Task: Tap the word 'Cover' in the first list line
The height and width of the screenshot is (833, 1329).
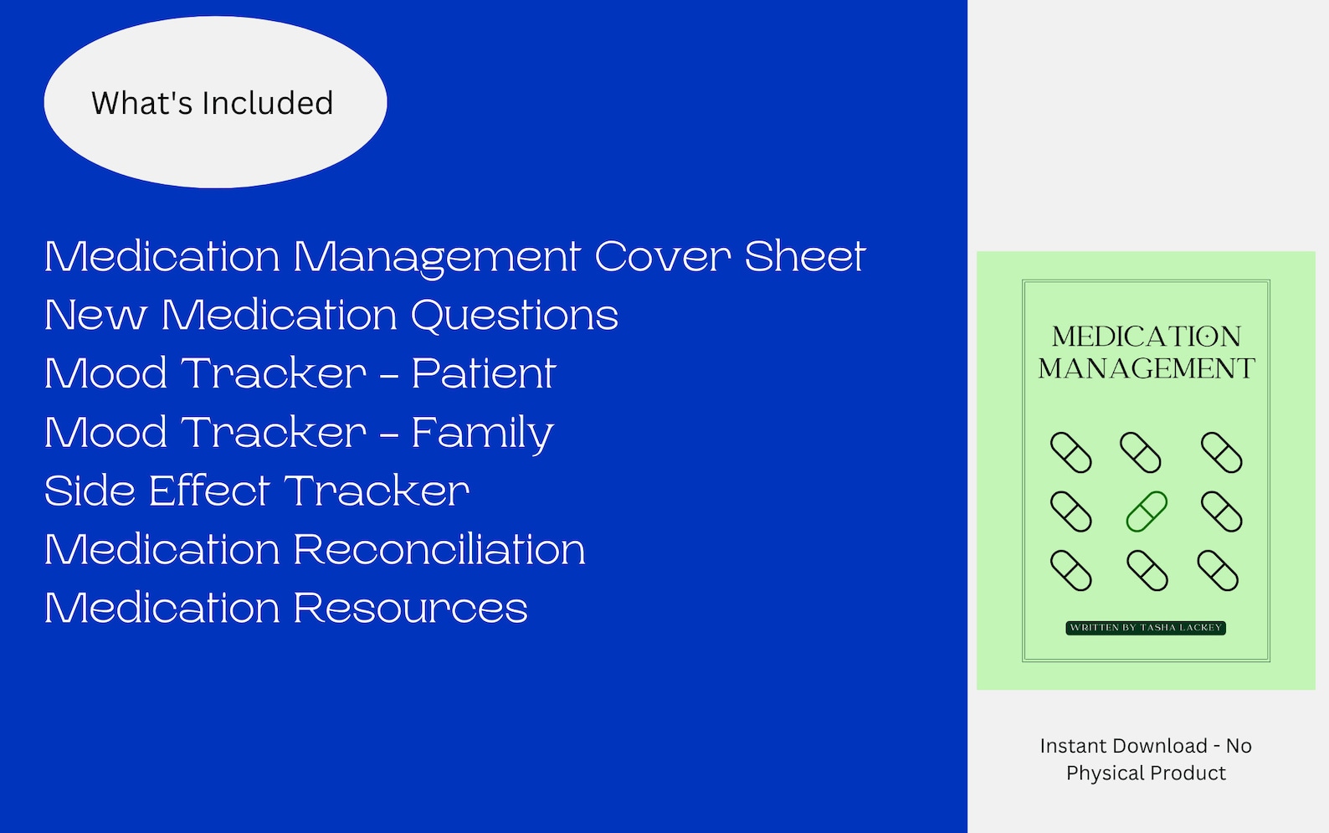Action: [662, 256]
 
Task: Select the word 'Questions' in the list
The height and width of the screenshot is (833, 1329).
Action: [514, 316]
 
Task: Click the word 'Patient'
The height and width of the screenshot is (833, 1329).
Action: [483, 373]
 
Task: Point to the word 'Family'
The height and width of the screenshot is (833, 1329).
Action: [482, 433]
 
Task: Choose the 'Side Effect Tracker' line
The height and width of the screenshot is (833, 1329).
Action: [256, 491]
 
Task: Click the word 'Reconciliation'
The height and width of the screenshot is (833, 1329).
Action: [439, 550]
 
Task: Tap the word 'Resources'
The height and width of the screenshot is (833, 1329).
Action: [410, 609]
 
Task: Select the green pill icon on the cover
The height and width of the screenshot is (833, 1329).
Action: [1146, 512]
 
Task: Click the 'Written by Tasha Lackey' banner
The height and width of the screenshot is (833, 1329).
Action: [1146, 627]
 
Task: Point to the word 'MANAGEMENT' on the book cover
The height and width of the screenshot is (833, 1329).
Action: [1146, 368]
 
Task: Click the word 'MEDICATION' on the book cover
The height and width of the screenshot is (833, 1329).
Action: [1146, 337]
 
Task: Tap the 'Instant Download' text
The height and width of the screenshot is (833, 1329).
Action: [1123, 746]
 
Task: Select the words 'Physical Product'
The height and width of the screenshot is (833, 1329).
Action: [1146, 773]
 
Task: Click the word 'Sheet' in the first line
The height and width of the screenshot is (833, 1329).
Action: [804, 256]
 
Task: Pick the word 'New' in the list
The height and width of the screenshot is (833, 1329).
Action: [95, 316]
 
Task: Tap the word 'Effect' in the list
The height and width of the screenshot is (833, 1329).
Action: [209, 491]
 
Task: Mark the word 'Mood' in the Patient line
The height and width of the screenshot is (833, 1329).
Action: [105, 373]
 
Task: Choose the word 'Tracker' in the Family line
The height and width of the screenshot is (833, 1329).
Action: [275, 433]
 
